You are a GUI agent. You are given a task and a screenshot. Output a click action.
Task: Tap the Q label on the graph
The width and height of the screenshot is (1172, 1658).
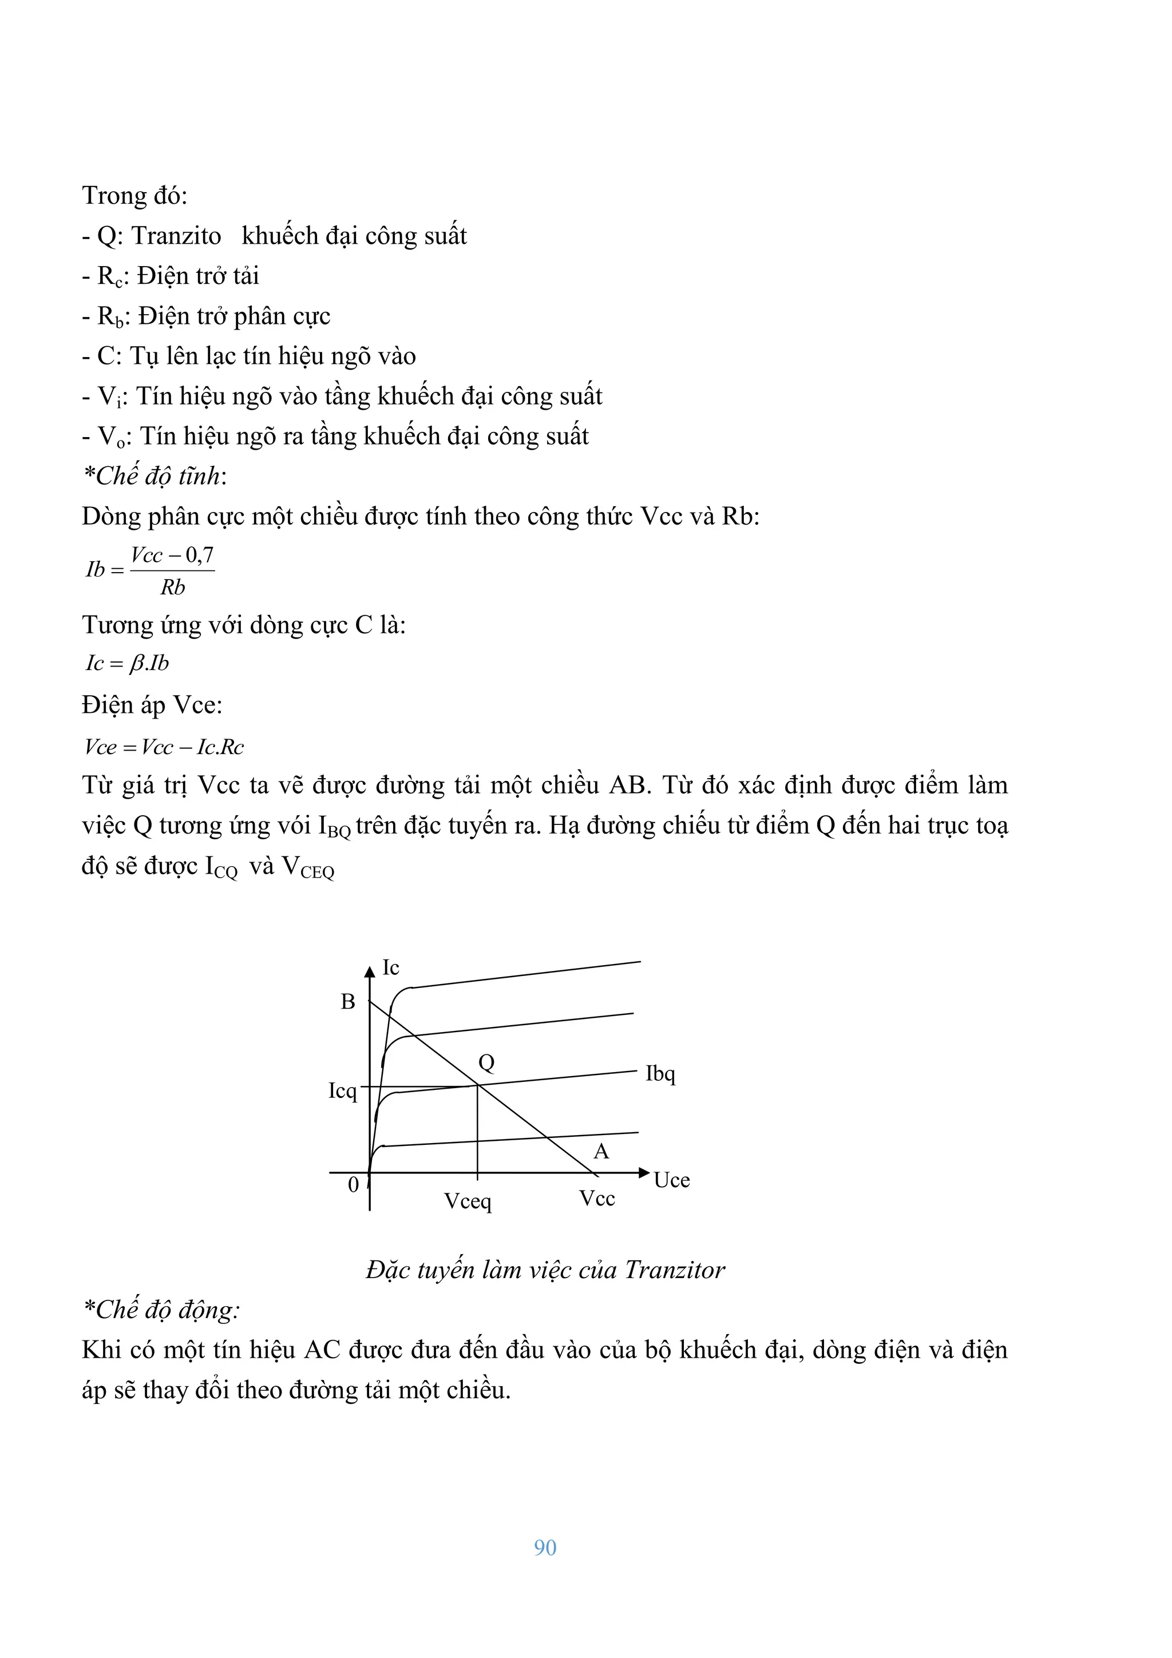tap(486, 1062)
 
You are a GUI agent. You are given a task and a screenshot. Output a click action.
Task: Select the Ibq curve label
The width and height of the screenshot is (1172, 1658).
tap(660, 1074)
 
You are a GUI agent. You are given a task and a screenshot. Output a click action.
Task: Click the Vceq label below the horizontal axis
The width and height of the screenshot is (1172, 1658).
tap(467, 1201)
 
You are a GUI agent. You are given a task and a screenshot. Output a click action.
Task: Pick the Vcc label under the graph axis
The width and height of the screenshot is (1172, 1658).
tap(596, 1198)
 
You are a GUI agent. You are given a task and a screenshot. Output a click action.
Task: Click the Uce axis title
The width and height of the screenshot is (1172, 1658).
tap(672, 1180)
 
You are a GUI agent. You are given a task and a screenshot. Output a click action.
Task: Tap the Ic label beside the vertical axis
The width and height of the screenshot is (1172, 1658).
tap(391, 967)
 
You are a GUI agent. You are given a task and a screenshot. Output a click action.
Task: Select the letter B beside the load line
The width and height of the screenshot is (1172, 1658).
tap(348, 1002)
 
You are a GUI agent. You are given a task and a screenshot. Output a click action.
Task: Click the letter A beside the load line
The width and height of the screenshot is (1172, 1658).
tap(601, 1152)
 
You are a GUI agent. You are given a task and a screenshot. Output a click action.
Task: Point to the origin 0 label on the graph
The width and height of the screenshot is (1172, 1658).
tap(353, 1184)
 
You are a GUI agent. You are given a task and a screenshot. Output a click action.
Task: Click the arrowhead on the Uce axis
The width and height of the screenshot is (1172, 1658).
tap(644, 1173)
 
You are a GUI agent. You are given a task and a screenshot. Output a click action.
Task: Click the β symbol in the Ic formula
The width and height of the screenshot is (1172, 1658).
tap(135, 664)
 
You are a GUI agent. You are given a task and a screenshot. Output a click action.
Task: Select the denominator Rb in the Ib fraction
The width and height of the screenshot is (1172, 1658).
tap(173, 587)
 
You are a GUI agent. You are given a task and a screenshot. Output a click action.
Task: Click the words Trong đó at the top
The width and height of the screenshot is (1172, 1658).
tap(134, 196)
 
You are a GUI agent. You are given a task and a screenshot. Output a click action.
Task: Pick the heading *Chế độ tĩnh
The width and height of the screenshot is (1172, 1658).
tap(154, 476)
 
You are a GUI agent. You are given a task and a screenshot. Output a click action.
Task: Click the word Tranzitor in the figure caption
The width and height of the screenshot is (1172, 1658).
tap(675, 1270)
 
